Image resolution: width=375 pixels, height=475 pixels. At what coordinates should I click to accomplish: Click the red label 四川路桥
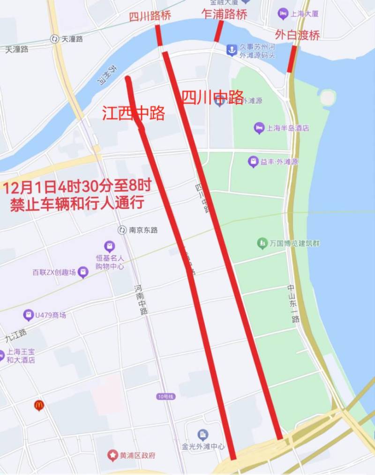pyautogui.click(x=150, y=16)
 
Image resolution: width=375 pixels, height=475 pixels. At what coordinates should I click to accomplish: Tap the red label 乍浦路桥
pyautogui.click(x=224, y=14)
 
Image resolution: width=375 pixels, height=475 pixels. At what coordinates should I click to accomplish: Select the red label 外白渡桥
pyautogui.click(x=297, y=35)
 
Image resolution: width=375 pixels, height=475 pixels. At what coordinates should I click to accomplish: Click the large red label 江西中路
pyautogui.click(x=134, y=113)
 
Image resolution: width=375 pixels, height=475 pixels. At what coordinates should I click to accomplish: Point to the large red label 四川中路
pyautogui.click(x=212, y=97)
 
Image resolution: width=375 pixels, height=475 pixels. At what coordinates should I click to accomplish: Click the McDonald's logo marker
pyautogui.click(x=39, y=405)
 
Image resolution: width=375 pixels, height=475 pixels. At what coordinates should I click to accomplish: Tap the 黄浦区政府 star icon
pyautogui.click(x=112, y=455)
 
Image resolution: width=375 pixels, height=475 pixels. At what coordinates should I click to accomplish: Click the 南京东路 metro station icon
pyautogui.click(x=122, y=230)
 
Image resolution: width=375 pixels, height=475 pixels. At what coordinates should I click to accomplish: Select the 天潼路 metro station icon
pyautogui.click(x=54, y=39)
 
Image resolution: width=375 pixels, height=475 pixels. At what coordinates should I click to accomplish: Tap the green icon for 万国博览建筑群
pyautogui.click(x=262, y=243)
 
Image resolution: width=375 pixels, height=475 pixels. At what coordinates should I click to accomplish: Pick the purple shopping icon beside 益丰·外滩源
pyautogui.click(x=253, y=162)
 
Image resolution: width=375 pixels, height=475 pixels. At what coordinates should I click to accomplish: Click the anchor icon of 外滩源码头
pyautogui.click(x=232, y=50)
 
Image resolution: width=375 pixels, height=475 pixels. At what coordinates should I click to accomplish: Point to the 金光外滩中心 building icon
pyautogui.click(x=202, y=434)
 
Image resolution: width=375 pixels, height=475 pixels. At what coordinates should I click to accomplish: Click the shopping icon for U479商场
pyautogui.click(x=29, y=315)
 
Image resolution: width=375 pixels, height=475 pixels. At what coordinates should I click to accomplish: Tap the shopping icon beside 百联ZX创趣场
pyautogui.click(x=83, y=272)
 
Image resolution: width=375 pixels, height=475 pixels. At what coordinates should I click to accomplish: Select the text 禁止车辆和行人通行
pyautogui.click(x=77, y=203)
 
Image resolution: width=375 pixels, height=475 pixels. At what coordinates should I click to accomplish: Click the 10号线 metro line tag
pyautogui.click(x=165, y=397)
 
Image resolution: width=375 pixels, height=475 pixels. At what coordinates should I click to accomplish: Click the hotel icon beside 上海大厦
pyautogui.click(x=282, y=14)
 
